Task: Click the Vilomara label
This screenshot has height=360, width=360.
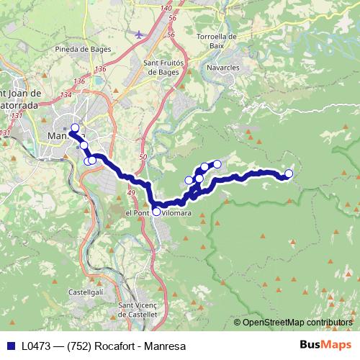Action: click(176, 214)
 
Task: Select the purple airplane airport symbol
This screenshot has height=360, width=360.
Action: click(139, 34)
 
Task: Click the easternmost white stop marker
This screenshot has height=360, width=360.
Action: click(289, 174)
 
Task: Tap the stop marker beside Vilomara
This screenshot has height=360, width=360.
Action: click(156, 212)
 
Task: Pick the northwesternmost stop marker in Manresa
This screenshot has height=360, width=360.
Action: click(74, 128)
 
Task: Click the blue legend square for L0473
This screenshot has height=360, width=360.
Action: click(11, 346)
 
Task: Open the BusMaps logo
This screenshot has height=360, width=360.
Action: click(325, 346)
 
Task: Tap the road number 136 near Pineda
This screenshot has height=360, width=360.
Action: click(100, 69)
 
